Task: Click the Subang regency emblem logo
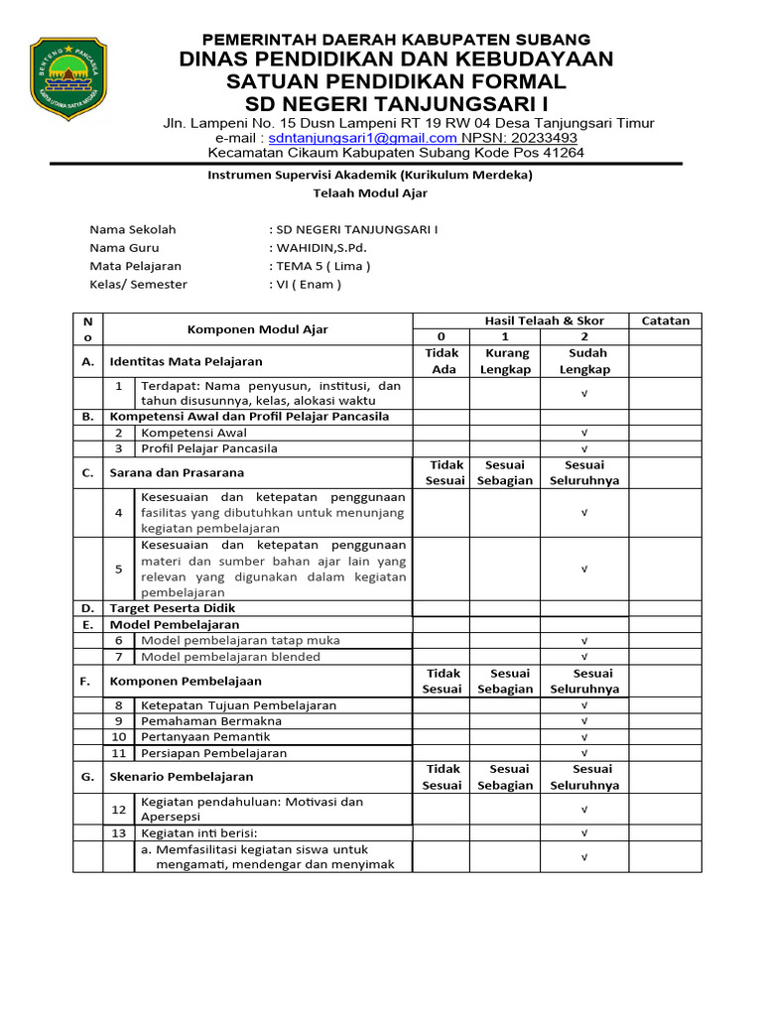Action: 68,78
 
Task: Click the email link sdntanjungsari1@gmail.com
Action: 363,138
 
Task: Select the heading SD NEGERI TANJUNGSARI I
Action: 396,105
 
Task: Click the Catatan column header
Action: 665,320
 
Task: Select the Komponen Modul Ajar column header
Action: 258,329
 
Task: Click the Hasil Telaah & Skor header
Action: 544,320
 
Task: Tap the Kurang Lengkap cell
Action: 505,361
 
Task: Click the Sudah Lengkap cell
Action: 584,361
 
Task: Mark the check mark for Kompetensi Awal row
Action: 584,433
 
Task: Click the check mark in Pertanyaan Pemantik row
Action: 584,737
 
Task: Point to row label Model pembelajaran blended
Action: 231,657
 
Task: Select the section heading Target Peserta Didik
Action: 173,607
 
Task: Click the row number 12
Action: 119,810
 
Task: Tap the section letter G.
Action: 88,777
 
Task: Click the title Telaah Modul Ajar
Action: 369,192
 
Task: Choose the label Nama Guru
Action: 124,247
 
